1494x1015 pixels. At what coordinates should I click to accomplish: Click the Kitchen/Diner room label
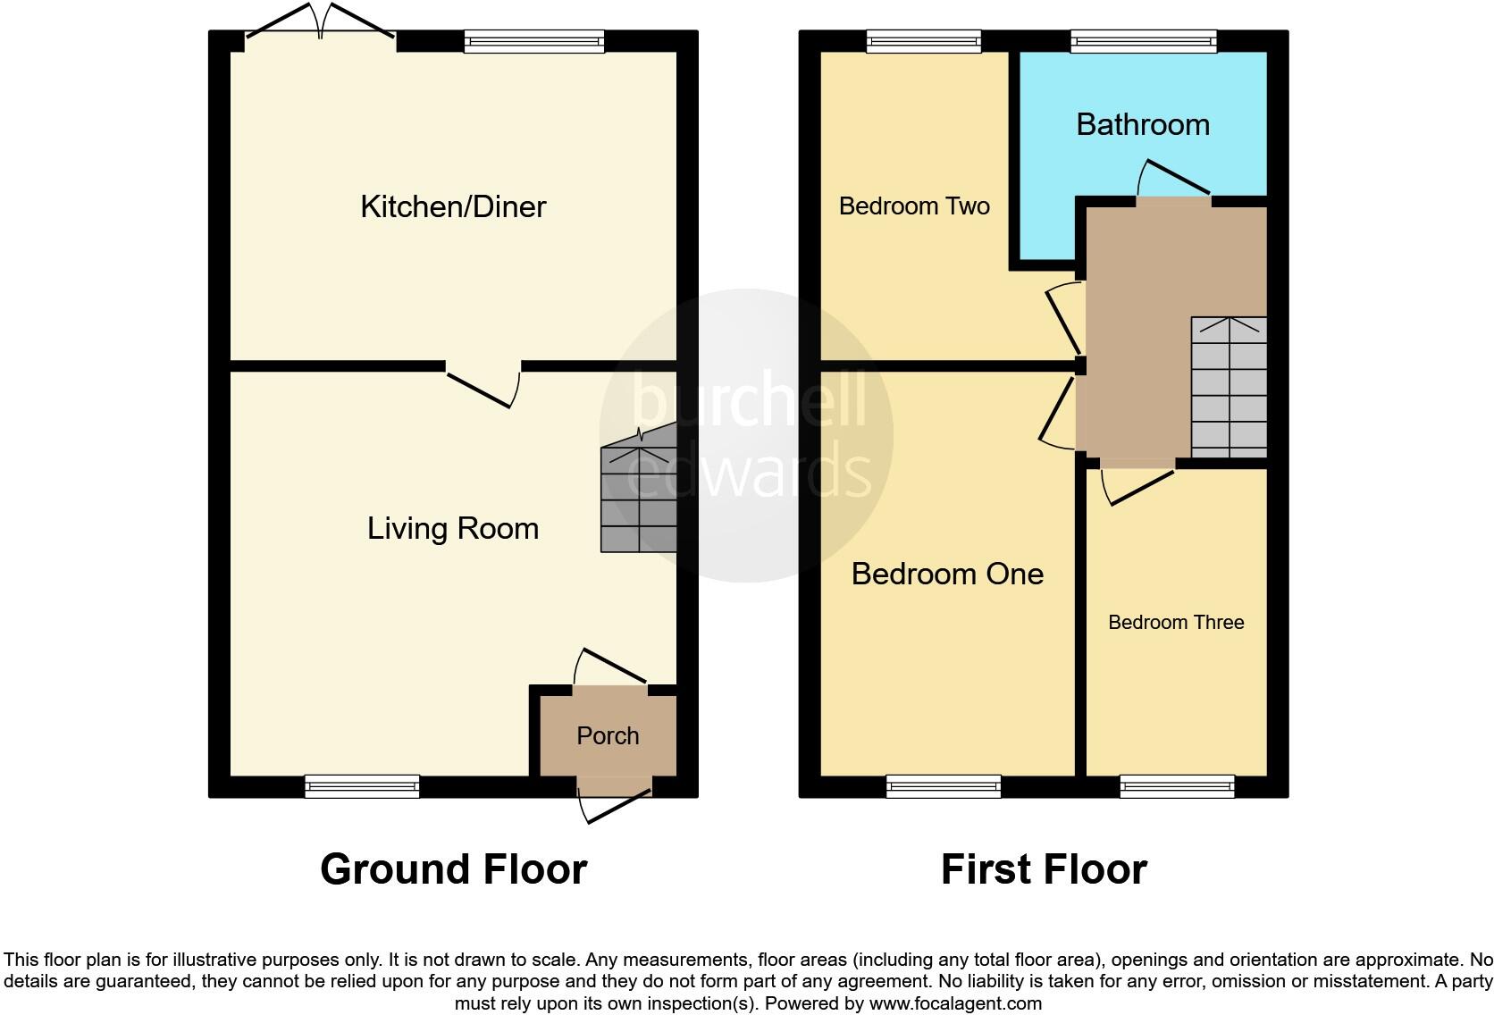(x=453, y=206)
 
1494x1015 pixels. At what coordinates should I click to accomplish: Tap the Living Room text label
(x=453, y=528)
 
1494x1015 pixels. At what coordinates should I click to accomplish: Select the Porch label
(x=608, y=735)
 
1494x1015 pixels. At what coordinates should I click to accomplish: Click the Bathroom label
(x=1143, y=124)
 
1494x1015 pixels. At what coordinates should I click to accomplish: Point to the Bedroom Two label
(x=914, y=206)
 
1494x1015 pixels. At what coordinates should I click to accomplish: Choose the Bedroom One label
(x=947, y=574)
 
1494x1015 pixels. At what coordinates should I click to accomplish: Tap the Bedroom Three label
(x=1176, y=623)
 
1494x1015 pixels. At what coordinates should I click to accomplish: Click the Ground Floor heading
(x=453, y=869)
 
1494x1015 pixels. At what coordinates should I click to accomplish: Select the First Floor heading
(x=1044, y=869)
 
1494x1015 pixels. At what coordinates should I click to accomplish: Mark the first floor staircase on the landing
(x=1229, y=388)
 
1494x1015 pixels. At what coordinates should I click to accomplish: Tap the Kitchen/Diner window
(x=534, y=40)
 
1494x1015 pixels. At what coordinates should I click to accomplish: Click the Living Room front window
(x=362, y=786)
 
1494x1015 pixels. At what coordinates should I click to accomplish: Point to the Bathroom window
(x=1144, y=40)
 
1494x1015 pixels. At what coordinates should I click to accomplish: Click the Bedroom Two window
(x=924, y=40)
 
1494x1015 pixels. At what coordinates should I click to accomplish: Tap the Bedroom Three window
(x=1177, y=786)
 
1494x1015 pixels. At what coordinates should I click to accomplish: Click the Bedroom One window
(x=944, y=786)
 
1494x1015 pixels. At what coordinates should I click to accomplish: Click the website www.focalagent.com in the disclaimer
(x=954, y=1003)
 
